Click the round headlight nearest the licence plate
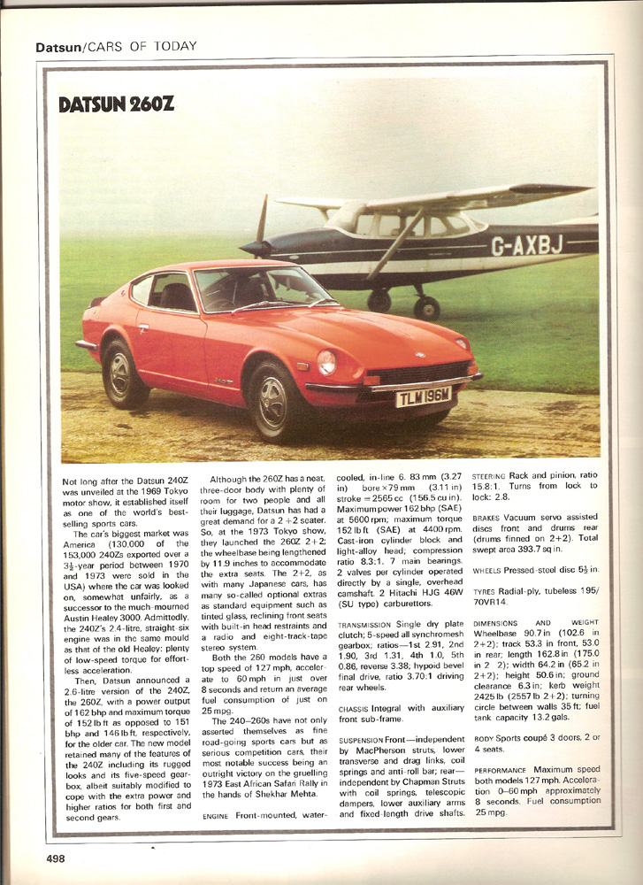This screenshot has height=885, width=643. point(327,362)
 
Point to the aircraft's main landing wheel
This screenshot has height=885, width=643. point(427,307)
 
